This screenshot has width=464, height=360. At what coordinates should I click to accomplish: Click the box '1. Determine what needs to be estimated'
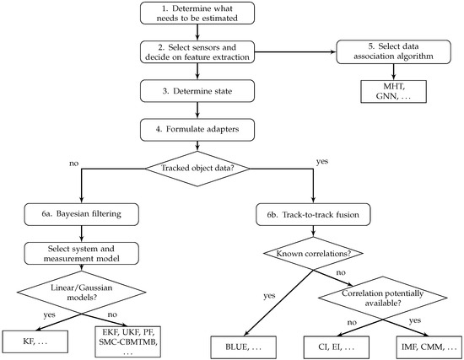(197, 13)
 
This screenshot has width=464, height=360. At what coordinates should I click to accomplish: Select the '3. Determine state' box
(197, 91)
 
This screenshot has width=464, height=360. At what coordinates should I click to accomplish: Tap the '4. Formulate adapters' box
(197, 130)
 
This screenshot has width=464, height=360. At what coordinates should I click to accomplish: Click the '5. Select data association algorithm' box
(394, 52)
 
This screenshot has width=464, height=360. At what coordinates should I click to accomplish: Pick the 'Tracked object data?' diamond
(197, 169)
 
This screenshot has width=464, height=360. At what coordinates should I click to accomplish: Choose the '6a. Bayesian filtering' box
(81, 214)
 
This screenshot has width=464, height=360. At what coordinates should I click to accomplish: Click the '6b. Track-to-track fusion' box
(313, 215)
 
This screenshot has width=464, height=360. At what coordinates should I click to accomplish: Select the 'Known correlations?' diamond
(313, 254)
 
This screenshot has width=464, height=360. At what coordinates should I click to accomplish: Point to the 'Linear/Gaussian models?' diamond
(81, 293)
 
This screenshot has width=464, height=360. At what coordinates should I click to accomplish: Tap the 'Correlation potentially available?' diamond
(383, 298)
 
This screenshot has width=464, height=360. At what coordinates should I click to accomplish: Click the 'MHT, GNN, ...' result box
(394, 91)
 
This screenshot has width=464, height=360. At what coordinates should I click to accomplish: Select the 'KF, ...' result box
(35, 341)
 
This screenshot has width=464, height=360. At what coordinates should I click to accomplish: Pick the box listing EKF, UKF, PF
(128, 341)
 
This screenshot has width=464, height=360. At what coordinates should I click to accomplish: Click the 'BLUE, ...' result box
(244, 347)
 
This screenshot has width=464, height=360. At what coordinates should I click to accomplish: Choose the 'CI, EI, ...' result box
(337, 347)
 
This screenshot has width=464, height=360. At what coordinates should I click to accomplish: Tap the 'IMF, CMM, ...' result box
(429, 347)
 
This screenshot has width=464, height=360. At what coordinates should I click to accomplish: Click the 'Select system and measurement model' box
(81, 254)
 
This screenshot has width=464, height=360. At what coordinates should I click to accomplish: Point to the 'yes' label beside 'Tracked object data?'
(322, 162)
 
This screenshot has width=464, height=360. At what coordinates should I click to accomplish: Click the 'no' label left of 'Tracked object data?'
(73, 164)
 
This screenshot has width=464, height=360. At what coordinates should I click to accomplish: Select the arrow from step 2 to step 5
(295, 52)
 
